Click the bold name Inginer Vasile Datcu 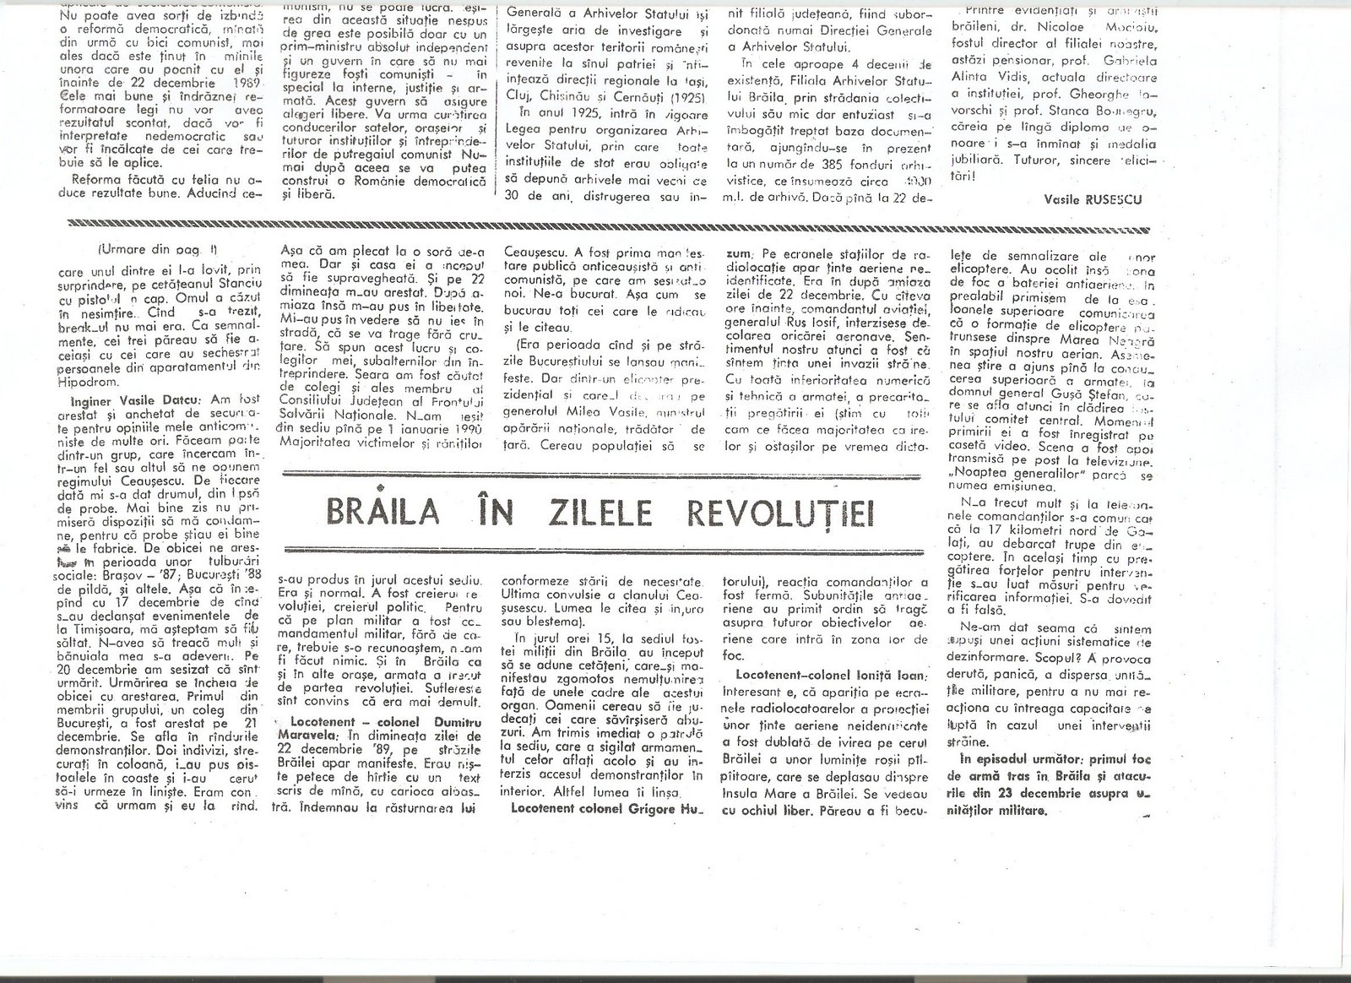tap(119, 376)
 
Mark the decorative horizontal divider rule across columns tap(608, 224)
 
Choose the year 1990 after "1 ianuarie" tap(463, 430)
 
